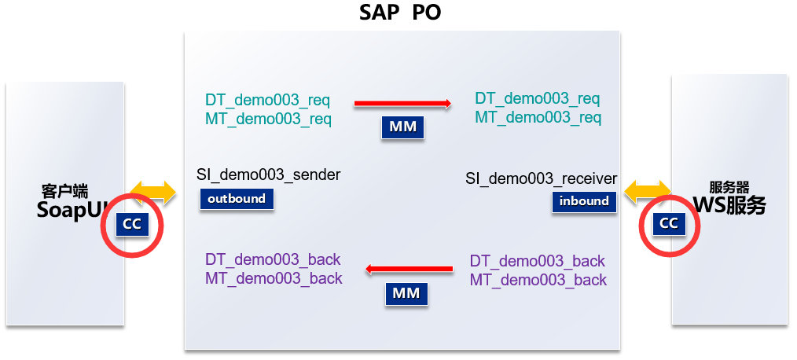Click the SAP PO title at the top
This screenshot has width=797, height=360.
400,13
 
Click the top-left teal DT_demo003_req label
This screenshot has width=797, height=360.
267,101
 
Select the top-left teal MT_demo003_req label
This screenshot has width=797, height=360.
268,119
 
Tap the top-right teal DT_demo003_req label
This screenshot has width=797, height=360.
537,99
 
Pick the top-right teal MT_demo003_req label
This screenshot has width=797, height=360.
538,118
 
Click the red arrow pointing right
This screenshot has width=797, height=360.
402,103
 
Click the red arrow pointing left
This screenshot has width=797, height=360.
409,270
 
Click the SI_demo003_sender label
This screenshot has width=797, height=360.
269,174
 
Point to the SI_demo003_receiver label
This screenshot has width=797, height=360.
542,179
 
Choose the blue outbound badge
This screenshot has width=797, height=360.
236,199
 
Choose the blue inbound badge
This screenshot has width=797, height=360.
584,201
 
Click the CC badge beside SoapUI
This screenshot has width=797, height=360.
132,224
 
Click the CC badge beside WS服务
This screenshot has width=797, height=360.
668,223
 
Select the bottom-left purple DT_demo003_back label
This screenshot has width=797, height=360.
273,260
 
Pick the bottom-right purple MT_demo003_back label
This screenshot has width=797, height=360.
538,280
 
